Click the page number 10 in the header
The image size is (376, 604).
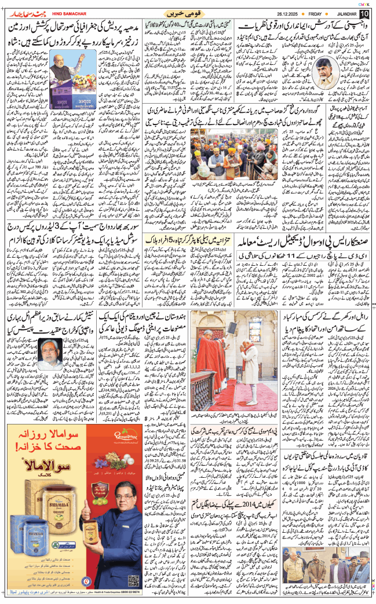tap(364, 13)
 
